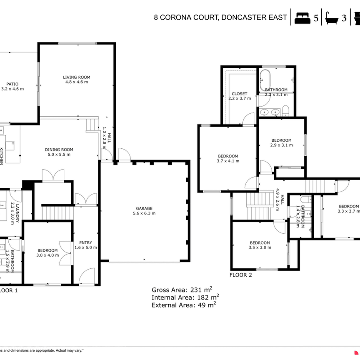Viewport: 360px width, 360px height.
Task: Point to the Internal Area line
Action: click(185, 297)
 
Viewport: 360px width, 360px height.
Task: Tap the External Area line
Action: click(184, 305)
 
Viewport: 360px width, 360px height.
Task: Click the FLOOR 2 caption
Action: click(241, 275)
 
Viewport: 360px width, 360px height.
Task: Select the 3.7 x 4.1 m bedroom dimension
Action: click(228, 161)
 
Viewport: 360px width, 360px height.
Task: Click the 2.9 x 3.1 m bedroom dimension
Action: click(281, 145)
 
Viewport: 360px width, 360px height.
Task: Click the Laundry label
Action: click(15, 205)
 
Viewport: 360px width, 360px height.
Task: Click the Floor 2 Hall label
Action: click(280, 200)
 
